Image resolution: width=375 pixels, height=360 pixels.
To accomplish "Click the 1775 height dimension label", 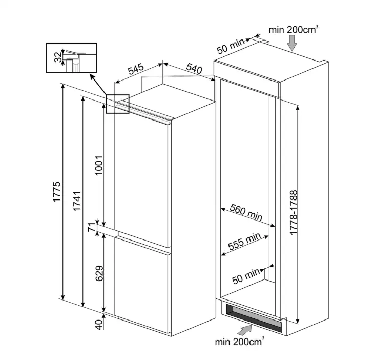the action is coord(57,191).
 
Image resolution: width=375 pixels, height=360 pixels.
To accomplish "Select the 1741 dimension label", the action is coord(77,201).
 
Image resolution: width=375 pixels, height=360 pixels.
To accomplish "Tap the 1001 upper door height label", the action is coord(99,166).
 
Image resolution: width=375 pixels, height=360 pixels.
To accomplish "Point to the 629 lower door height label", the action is coord(99,273).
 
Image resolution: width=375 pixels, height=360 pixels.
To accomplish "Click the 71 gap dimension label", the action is coord(92,227).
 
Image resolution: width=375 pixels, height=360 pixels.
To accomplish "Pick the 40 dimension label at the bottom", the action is coord(98,324).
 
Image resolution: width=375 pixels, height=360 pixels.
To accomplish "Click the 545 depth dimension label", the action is coord(136,69).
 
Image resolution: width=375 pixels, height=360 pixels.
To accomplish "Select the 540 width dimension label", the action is coord(194,68).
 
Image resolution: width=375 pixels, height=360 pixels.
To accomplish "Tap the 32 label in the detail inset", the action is coord(58,57).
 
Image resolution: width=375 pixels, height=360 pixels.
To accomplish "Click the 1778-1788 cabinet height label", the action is coord(293,212).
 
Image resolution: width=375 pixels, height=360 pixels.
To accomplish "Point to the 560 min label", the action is coord(246,212).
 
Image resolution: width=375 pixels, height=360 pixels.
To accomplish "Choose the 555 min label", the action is coord(244,241).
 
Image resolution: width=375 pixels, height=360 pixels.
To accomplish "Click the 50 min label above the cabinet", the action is coord(231,46).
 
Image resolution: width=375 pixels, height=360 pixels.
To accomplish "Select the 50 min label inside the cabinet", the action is coord(246,276).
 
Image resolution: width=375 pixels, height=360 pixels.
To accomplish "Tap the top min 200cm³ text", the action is coord(294,29).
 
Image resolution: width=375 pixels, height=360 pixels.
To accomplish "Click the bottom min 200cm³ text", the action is coord(240,341).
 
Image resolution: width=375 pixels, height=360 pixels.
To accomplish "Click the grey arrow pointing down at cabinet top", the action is coord(292,43).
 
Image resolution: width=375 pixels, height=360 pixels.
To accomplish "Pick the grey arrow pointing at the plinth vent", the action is coord(245,331).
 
